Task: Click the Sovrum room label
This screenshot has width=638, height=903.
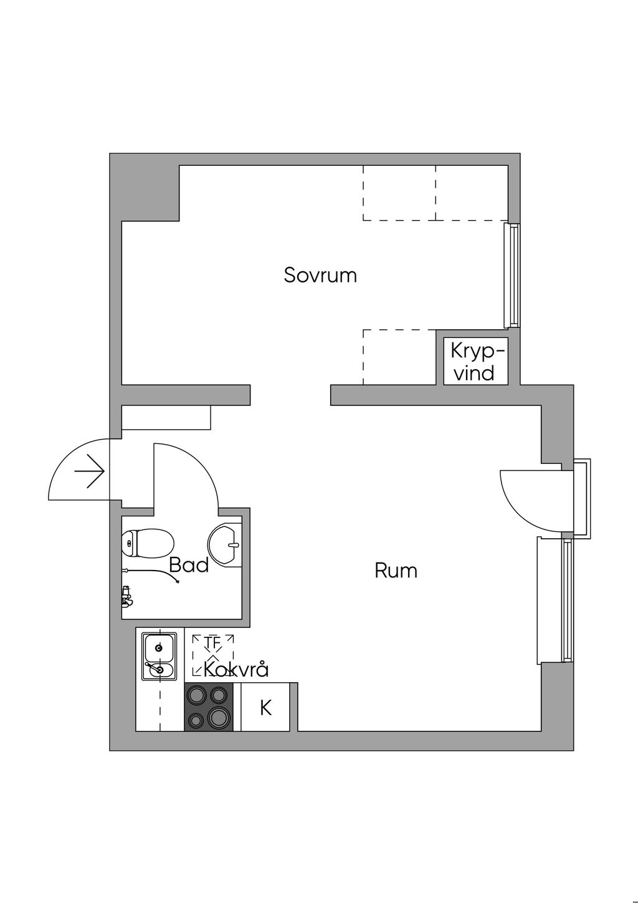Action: pyautogui.click(x=320, y=275)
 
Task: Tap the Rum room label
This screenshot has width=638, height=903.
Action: pyautogui.click(x=396, y=571)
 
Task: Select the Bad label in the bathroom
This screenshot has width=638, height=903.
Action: pyautogui.click(x=189, y=566)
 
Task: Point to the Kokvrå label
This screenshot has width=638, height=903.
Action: pyautogui.click(x=236, y=670)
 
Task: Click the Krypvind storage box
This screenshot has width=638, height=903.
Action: pyautogui.click(x=476, y=362)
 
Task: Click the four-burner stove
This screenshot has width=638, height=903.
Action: pyautogui.click(x=209, y=707)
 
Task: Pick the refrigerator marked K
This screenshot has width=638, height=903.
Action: pyautogui.click(x=265, y=708)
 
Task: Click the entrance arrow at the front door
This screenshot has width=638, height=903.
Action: pyautogui.click(x=89, y=471)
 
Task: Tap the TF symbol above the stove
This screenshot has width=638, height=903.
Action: pyautogui.click(x=212, y=642)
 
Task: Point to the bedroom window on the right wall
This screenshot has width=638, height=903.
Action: pyautogui.click(x=513, y=276)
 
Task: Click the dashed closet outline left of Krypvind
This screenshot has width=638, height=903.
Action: pyautogui.click(x=399, y=357)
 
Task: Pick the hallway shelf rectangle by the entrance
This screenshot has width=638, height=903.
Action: pyautogui.click(x=166, y=417)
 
